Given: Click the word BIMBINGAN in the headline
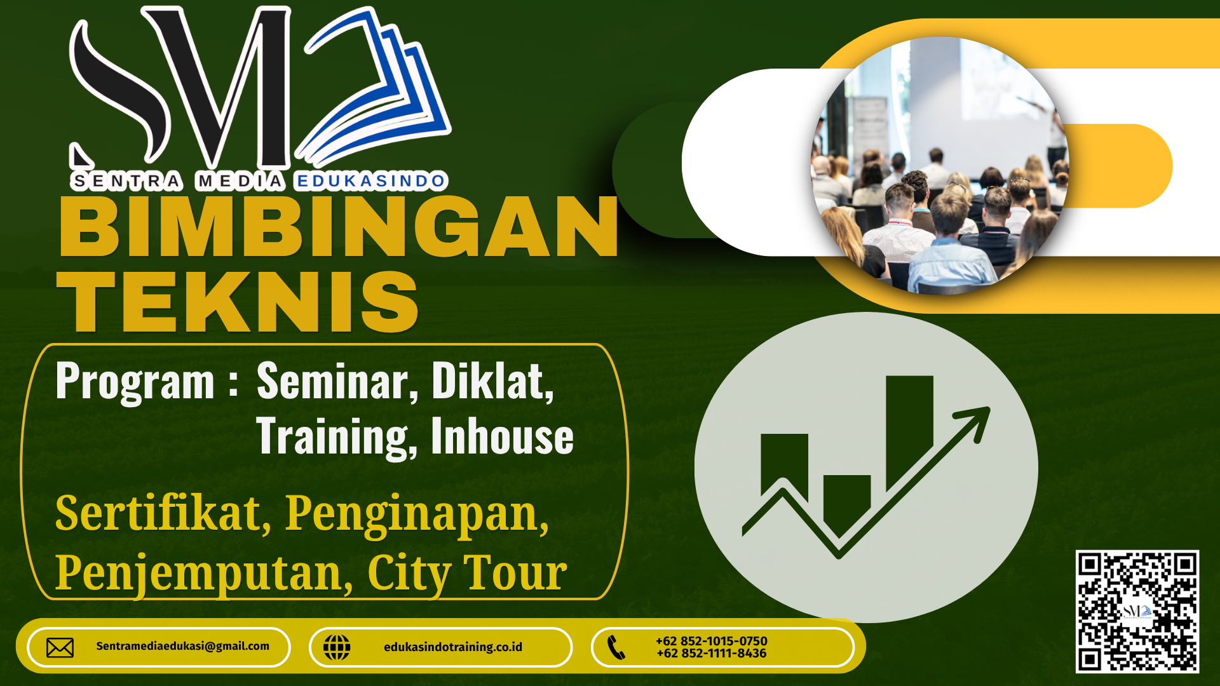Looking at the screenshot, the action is click(338, 227).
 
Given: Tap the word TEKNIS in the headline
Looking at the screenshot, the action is click(238, 301).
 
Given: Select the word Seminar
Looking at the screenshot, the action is click(337, 382).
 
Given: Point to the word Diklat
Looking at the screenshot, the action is click(492, 381).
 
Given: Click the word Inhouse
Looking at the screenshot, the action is click(502, 436).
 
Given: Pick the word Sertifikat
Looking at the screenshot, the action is click(163, 513).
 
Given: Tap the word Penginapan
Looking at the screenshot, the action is click(417, 514).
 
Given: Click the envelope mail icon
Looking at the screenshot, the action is click(60, 647).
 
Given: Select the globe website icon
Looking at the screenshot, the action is click(337, 647).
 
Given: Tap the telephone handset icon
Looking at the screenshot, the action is click(616, 647).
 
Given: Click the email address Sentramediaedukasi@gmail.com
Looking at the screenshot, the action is click(183, 646).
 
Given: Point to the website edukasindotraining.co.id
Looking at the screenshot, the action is click(453, 647).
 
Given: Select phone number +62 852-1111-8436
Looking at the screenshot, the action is click(712, 653).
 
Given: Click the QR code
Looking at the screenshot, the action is click(1137, 611).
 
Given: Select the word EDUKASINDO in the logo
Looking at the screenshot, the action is click(371, 182).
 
